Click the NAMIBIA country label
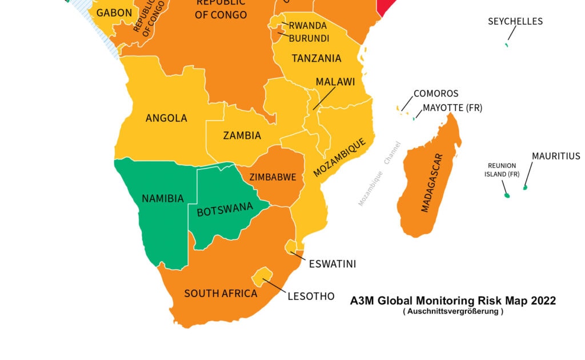point(163,199)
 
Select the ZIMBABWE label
point(273,177)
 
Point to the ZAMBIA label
point(242,135)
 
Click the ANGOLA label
point(166,118)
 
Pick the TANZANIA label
point(316,58)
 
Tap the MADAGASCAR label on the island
point(432,183)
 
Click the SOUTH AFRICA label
point(221,294)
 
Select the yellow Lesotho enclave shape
point(263,275)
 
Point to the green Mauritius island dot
point(525,187)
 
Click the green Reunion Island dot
point(507,195)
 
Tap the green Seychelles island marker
point(506,45)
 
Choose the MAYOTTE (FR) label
point(452,108)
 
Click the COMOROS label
point(436,94)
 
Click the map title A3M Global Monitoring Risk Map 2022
point(452,301)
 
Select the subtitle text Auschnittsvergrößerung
point(452,312)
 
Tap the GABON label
point(114,13)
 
